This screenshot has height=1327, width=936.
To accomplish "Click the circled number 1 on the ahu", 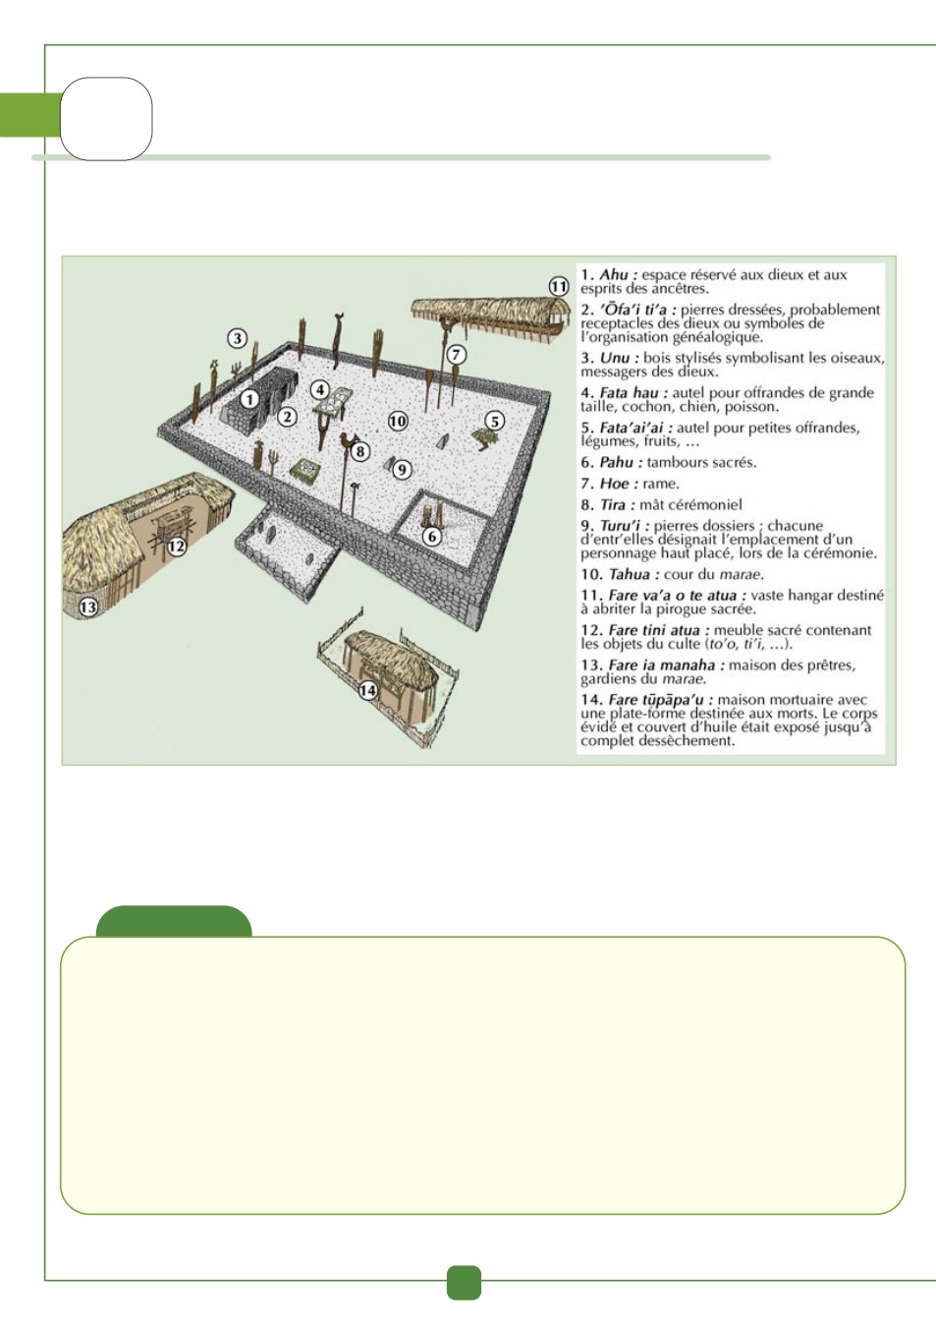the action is tap(249, 399).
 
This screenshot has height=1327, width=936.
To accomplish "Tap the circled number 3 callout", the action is tap(237, 338).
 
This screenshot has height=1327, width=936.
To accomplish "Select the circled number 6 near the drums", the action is tap(432, 536).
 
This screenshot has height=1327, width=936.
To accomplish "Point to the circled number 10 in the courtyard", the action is tap(398, 422).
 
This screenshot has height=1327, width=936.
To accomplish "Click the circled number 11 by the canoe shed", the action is tap(558, 287).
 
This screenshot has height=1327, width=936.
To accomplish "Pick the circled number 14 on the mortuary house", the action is tap(367, 690).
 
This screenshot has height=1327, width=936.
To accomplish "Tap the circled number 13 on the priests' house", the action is tap(88, 607).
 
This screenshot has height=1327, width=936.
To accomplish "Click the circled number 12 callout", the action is tap(176, 547).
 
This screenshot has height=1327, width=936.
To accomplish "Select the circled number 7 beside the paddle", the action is tap(456, 355).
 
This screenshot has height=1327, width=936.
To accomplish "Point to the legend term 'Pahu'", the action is tap(617, 462).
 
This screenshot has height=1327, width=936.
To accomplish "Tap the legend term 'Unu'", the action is tap(615, 358).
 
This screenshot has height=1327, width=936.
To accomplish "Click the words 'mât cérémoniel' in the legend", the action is tap(690, 504).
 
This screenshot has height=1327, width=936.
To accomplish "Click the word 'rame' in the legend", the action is tap(660, 484).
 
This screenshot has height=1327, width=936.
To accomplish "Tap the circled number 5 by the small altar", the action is tap(495, 422).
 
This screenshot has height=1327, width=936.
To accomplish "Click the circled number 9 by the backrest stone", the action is tap(402, 470).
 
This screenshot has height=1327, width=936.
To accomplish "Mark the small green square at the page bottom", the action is tap(464, 1283).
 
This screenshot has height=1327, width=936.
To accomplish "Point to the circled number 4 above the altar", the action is tap(320, 390).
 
